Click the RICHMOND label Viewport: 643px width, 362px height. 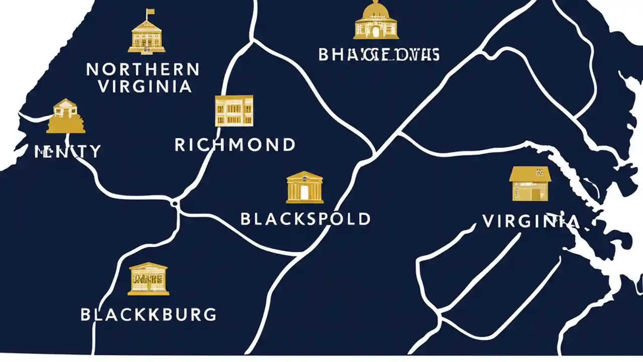point(235,145)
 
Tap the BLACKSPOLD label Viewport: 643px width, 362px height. point(305,219)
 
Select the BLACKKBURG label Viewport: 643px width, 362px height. point(149,315)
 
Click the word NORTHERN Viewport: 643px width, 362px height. point(143,69)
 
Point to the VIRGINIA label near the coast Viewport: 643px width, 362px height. point(531,221)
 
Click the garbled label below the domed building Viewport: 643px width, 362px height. point(379,54)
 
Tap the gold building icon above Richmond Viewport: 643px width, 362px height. point(234,111)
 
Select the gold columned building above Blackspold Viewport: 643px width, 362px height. point(305,188)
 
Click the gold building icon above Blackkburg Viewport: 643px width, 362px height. point(148,279)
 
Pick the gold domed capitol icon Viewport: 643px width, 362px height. point(376,21)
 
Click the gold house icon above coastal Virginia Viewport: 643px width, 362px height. point(530,184)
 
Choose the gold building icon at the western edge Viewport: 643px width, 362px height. point(65,117)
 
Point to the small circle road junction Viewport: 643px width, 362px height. point(175,203)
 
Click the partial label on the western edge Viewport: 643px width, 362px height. point(67,151)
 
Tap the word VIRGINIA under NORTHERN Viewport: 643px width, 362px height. point(145,86)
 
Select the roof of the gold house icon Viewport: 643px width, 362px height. point(530,174)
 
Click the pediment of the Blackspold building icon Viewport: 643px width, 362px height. point(305,176)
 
